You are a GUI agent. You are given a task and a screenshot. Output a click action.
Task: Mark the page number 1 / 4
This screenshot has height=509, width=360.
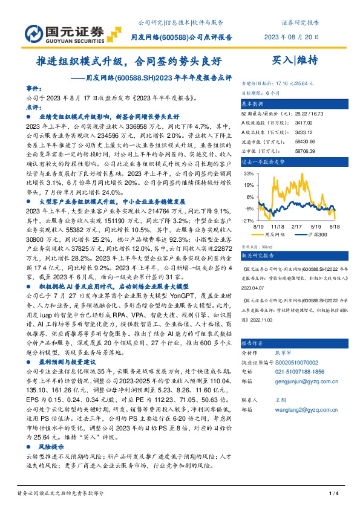[332, 495]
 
